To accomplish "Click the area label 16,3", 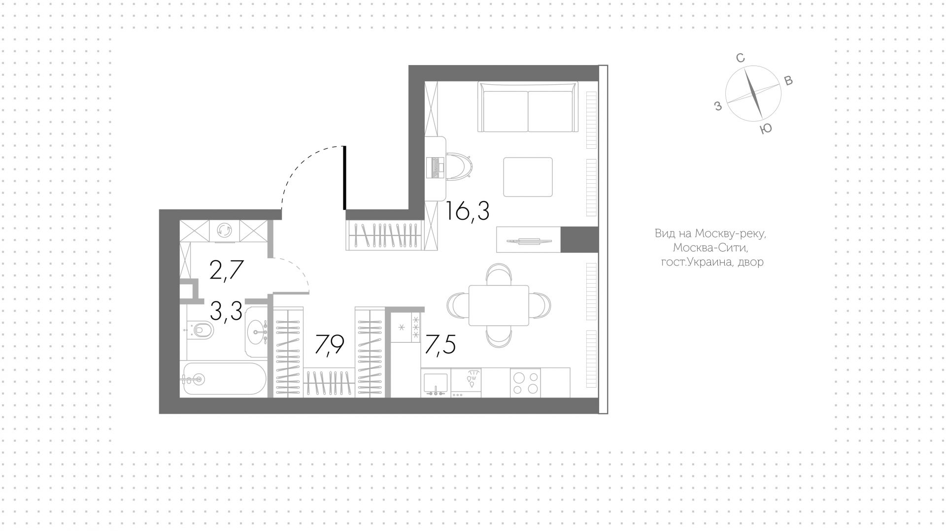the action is click(467, 212).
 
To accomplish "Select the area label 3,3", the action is click(226, 311).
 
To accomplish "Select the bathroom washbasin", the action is click(256, 332).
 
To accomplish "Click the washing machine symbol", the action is click(225, 231).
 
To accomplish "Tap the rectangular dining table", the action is click(499, 305).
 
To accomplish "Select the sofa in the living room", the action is click(528, 107).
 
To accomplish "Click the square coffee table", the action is click(528, 177).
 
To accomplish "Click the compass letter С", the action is click(740, 58).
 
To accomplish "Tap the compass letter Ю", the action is click(766, 129).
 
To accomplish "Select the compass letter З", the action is click(718, 105).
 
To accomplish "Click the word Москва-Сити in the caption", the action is click(709, 248).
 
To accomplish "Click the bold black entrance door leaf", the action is click(344, 178).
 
